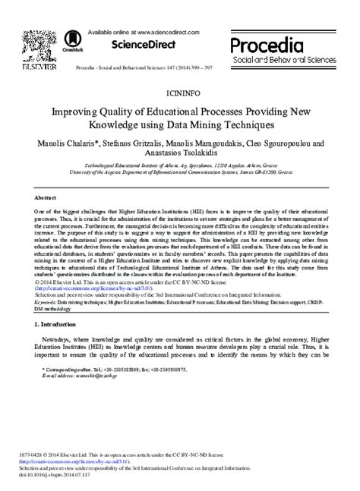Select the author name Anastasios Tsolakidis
click(x=179, y=153)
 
